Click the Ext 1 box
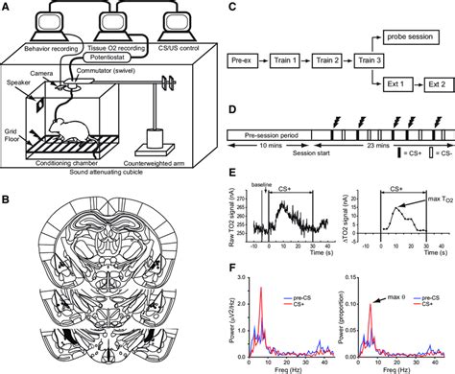pyautogui.click(x=384, y=83)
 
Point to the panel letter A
pyautogui.click(x=7, y=7)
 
